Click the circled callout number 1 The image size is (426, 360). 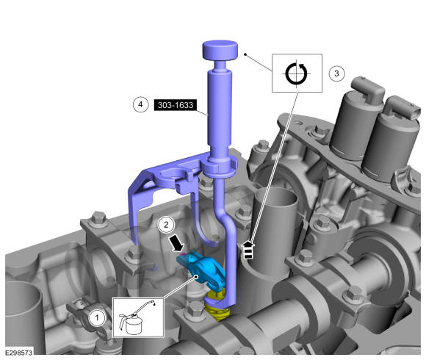click(97, 317)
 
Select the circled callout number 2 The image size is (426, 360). click(166, 224)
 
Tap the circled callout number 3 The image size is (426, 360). click(336, 73)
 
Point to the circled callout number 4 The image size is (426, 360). click(140, 104)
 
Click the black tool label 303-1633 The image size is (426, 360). click(176, 105)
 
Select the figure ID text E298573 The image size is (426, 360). click(18, 353)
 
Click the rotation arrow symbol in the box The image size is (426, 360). click(297, 73)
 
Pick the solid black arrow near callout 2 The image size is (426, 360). click(176, 243)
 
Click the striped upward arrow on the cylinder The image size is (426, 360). click(248, 250)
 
